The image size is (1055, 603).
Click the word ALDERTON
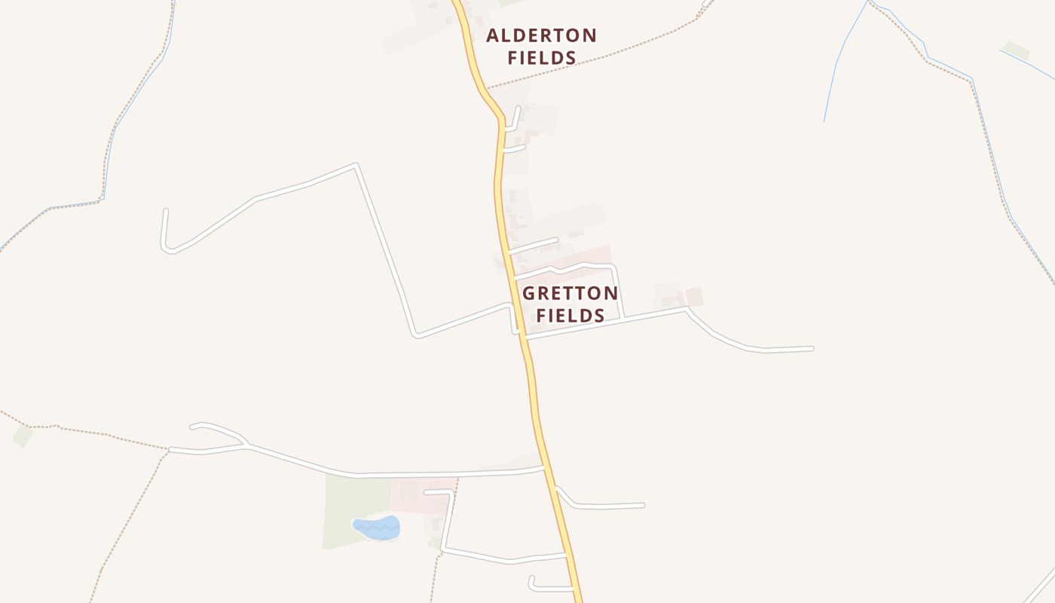point(541,35)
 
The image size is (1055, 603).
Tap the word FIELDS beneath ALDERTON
point(541,57)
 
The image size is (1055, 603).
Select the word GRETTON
point(570,293)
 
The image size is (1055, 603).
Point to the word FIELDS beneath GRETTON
point(570,315)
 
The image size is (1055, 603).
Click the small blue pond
point(376,528)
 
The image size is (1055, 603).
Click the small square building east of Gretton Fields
point(694,297)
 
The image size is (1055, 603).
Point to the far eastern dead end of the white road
point(812,348)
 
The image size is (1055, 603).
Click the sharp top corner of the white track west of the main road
point(356,164)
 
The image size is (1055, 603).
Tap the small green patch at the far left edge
point(23,436)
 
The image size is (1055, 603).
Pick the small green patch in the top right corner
point(1017,51)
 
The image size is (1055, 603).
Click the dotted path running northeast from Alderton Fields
point(603,57)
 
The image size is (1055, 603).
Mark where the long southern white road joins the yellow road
point(544,468)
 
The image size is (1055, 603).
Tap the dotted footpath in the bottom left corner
point(128,520)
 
